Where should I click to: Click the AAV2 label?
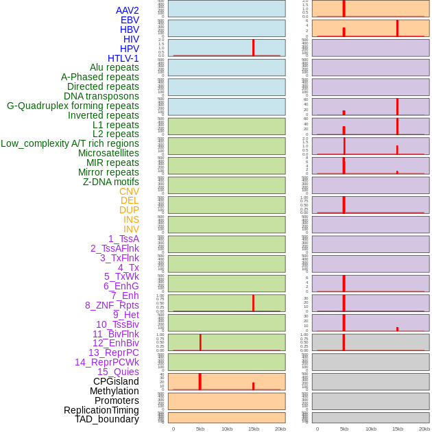(127, 10)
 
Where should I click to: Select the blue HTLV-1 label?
(123, 58)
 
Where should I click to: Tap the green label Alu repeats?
(114, 68)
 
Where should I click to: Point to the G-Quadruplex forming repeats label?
(73, 106)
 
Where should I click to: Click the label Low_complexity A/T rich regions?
(70, 143)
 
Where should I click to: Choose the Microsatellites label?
(108, 153)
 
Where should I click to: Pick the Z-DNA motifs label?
(110, 182)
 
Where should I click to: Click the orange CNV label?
(129, 191)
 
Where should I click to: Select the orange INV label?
(131, 229)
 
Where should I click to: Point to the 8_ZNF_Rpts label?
(112, 305)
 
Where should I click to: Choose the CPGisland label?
(116, 381)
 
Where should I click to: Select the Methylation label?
(114, 391)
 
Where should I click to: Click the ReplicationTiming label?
(101, 410)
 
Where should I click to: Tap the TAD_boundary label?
(106, 419)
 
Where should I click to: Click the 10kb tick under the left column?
(227, 429)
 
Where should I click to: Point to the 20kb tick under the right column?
(424, 429)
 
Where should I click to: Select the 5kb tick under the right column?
(344, 429)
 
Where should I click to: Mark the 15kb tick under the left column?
(254, 429)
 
